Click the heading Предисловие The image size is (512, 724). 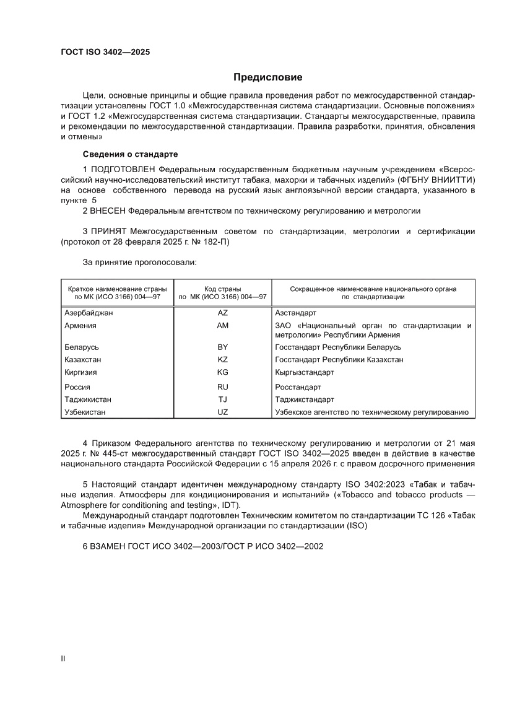coord(267,77)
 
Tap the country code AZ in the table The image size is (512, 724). coord(223,313)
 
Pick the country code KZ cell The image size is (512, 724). coord(223,359)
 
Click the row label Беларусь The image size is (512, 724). coord(82,347)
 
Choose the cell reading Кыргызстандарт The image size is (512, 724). coord(304,372)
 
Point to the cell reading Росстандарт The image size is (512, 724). coord(297,387)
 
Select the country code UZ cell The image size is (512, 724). coord(223,412)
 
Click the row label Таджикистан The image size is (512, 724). coord(88,399)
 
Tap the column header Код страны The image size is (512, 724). coord(223,289)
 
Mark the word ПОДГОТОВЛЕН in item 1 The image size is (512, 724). coord(123,168)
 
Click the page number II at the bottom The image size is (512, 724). coord(62,658)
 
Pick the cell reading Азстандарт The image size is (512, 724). coord(295,313)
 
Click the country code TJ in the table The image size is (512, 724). coord(223,399)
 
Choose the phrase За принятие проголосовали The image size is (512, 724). coord(139,263)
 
